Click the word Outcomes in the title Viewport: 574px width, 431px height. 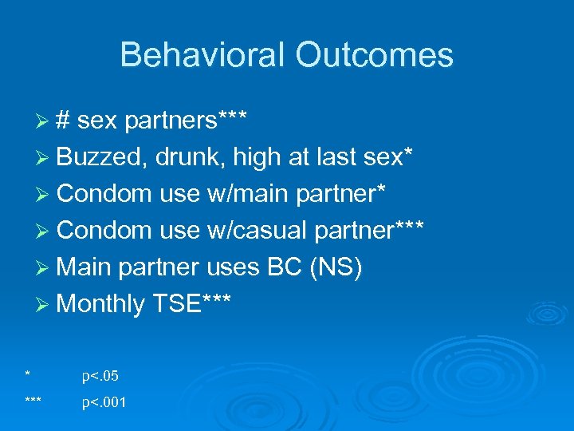click(375, 55)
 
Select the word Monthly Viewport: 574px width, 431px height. click(101, 304)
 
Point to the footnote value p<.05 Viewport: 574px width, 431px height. click(100, 376)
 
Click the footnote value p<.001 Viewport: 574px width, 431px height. click(104, 403)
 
